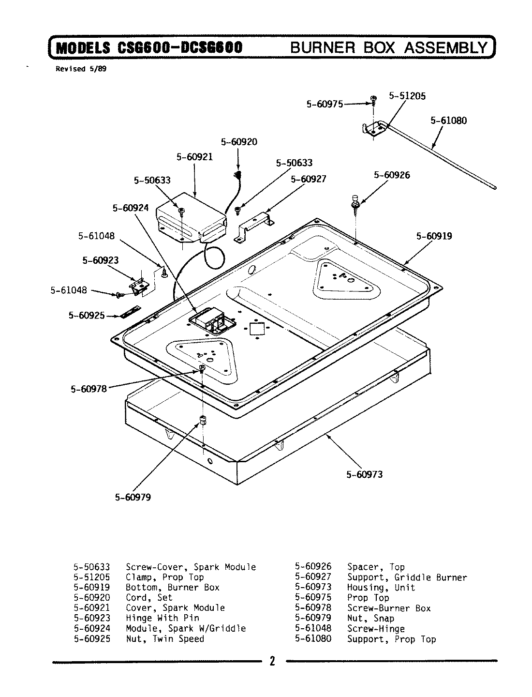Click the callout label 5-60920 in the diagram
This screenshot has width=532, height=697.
(x=239, y=142)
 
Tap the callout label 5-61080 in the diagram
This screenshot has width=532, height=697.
(x=449, y=121)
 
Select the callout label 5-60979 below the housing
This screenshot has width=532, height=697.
(x=133, y=497)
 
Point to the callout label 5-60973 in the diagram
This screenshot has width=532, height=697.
(x=364, y=474)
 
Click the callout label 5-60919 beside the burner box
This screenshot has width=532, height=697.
(x=434, y=236)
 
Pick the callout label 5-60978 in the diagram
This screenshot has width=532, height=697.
(x=89, y=388)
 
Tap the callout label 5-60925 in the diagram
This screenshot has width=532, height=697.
(x=87, y=316)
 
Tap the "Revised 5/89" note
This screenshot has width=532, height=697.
(x=81, y=69)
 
